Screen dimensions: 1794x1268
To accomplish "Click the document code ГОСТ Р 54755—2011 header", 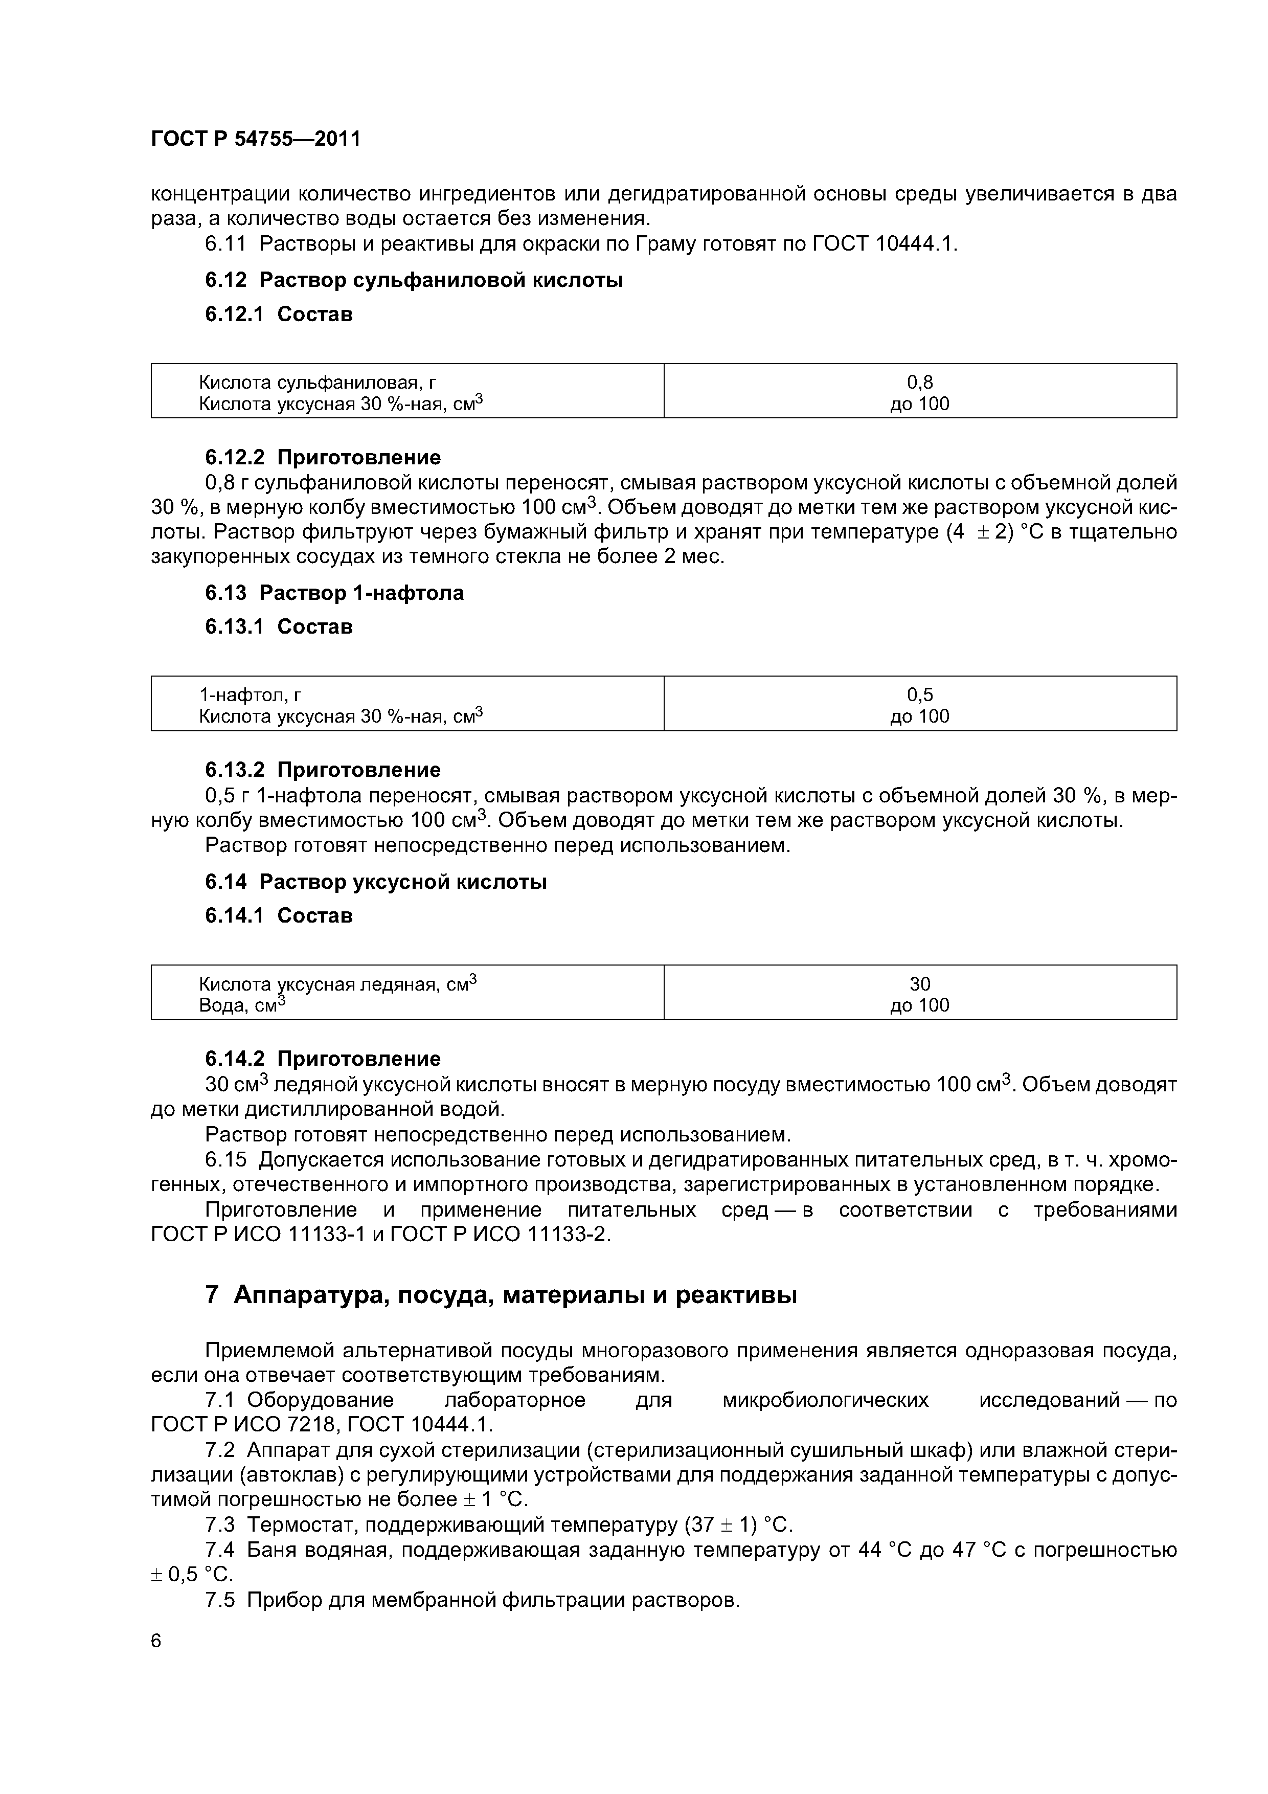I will [x=256, y=139].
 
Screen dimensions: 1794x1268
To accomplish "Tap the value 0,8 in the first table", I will [x=919, y=382].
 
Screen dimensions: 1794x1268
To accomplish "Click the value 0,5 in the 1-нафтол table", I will [x=919, y=694].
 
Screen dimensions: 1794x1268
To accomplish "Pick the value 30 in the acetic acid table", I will [x=919, y=984].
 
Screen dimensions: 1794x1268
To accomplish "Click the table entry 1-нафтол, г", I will [x=250, y=694].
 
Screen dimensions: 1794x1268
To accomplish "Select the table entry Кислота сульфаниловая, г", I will [x=317, y=382].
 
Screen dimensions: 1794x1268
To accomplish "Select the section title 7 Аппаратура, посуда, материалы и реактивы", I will [x=501, y=1295].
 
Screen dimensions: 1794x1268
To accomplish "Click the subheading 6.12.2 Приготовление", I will [x=323, y=457].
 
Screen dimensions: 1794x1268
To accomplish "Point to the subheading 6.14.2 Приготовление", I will [x=323, y=1059].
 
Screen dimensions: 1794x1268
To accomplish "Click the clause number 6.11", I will [x=225, y=244].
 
